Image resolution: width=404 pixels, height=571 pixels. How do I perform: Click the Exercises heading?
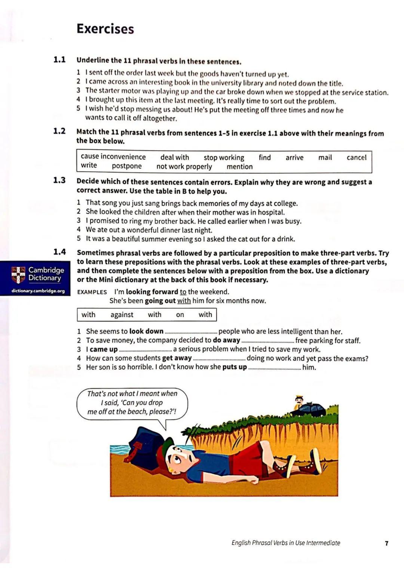click(105, 29)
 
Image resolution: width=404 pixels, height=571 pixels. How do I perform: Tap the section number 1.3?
click(59, 180)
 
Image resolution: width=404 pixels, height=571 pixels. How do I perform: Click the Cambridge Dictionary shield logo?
click(18, 275)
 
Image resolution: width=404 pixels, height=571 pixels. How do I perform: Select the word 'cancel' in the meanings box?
click(356, 157)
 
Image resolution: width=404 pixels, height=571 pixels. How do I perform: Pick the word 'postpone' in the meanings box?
click(126, 166)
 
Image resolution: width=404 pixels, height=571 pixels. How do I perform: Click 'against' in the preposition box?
click(122, 315)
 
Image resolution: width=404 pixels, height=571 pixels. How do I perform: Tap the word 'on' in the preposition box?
click(180, 315)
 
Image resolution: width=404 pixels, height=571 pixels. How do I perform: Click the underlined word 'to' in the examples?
click(183, 292)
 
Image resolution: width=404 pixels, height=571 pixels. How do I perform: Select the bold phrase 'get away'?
click(177, 358)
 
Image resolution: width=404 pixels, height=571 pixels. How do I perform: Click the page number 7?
click(386, 543)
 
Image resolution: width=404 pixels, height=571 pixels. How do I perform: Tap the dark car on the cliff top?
click(310, 410)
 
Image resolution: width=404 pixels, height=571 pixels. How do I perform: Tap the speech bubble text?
click(132, 402)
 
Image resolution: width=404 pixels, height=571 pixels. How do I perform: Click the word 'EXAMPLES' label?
click(92, 292)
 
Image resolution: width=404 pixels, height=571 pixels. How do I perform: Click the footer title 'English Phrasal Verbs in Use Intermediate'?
click(286, 543)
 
